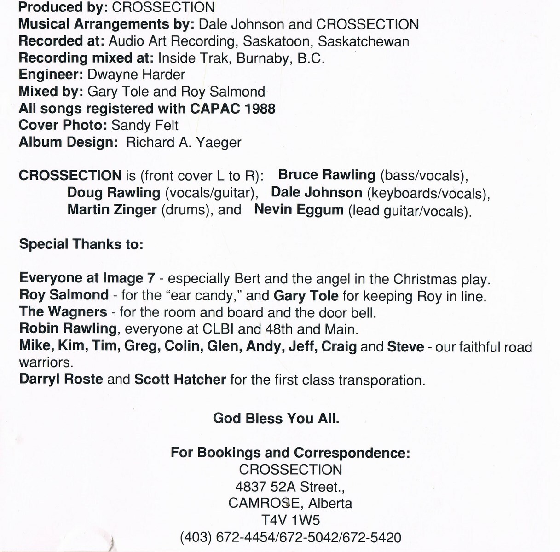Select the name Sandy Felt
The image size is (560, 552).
(x=145, y=125)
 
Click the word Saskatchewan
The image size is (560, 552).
(x=364, y=41)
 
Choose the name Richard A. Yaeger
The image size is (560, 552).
(x=184, y=142)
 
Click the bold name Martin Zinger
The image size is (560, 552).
(x=112, y=210)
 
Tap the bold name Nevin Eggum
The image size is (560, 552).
(x=299, y=210)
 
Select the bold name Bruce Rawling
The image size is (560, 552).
(x=327, y=175)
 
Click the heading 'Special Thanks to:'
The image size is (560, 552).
(x=81, y=244)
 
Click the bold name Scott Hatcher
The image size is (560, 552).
(x=180, y=379)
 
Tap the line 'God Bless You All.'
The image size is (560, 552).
(x=276, y=418)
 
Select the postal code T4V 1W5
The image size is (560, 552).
(x=290, y=520)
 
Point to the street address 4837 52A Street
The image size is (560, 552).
(x=290, y=487)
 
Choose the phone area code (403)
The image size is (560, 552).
(x=196, y=537)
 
